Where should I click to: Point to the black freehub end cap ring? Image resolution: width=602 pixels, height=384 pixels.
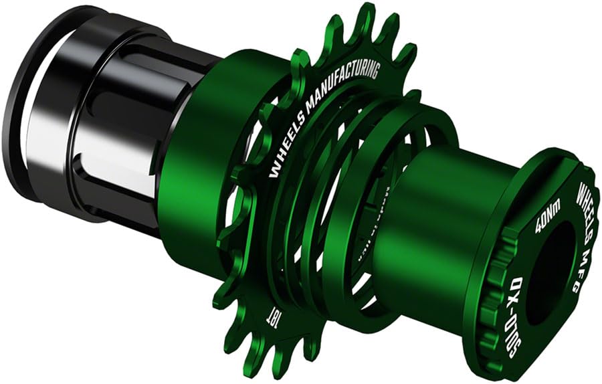27,100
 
